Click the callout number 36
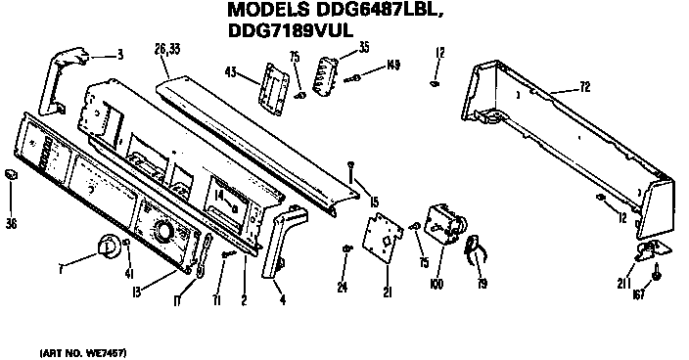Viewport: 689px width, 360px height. point(12,224)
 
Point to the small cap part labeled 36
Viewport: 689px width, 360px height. point(13,174)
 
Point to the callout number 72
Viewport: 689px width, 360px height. point(584,88)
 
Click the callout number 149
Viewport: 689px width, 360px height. point(393,65)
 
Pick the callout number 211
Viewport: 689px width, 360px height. point(623,284)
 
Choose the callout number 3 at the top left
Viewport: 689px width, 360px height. point(119,54)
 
